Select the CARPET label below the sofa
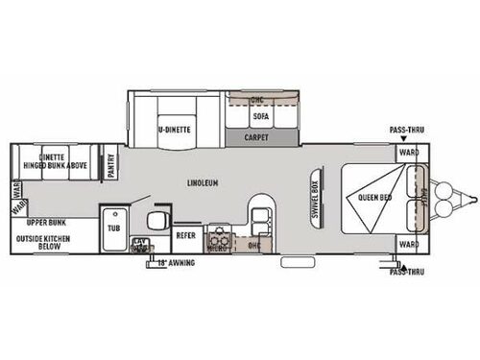pyautogui.click(x=256, y=137)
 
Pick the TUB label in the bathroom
pyautogui.click(x=114, y=228)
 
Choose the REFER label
pyautogui.click(x=186, y=233)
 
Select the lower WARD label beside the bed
pyautogui.click(x=408, y=246)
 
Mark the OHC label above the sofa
pyautogui.click(x=256, y=100)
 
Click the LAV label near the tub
pyautogui.click(x=140, y=242)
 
